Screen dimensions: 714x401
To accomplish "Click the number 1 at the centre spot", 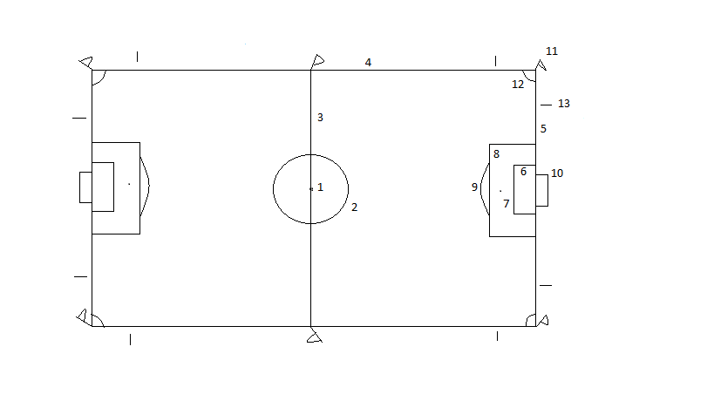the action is pos(320,187).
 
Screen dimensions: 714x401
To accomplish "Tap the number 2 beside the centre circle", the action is pos(354,207).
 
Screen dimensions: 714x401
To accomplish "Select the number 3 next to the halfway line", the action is pos(320,118).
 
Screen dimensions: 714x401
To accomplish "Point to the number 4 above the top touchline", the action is pos(368,63).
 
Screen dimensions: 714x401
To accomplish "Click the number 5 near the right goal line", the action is pos(543,129).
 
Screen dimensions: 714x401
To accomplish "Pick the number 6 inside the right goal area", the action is pos(523,172).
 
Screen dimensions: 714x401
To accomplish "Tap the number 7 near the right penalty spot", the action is pos(506,204).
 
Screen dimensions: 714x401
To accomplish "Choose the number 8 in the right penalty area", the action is pos(496,154).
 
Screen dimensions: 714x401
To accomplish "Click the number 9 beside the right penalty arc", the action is pos(474,187).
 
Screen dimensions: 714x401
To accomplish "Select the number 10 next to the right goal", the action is pos(557,173).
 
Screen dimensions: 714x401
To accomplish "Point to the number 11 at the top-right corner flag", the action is pos(551,51).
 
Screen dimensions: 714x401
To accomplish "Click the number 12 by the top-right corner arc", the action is pos(518,85).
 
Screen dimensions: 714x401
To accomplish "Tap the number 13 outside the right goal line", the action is pos(563,104).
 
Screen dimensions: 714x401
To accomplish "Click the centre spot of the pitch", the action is pos(311,188).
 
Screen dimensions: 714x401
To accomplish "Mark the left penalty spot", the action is pos(129,184).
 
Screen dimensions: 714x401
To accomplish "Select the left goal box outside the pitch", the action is pos(85,187).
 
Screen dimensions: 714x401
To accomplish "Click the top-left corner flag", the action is pos(85,63).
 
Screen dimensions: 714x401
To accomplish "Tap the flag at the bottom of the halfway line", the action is pos(314,336).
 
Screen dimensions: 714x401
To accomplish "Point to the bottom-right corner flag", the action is pos(543,321).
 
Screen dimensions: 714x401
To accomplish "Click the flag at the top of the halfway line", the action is pos(317,61).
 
